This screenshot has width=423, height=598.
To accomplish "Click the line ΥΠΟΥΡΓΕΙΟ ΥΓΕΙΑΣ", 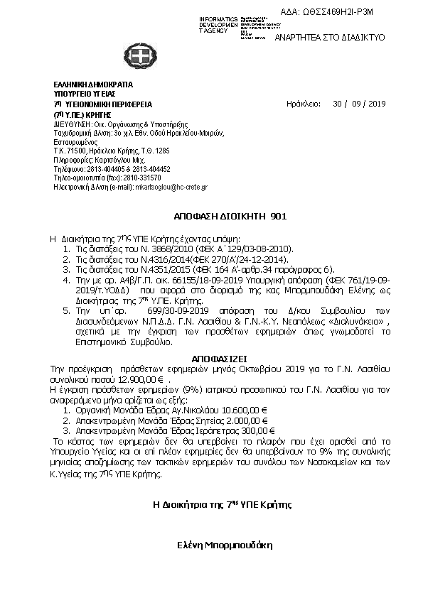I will (x=85, y=94).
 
